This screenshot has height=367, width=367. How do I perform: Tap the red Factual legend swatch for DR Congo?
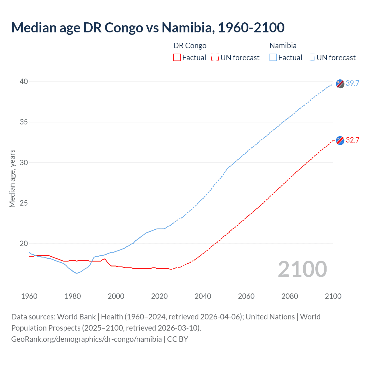(177, 58)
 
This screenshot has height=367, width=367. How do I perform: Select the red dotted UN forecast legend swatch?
(215, 58)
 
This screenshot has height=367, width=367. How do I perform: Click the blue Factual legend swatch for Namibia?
(273, 58)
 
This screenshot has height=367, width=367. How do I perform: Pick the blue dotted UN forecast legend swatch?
(311, 58)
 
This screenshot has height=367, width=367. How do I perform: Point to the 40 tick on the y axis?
(24, 82)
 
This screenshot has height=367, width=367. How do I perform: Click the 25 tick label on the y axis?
(24, 203)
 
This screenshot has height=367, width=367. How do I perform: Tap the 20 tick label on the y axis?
(24, 244)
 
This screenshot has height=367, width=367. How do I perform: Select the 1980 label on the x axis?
(73, 296)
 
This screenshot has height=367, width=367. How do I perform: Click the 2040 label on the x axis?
(203, 296)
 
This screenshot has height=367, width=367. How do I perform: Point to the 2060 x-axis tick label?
(246, 296)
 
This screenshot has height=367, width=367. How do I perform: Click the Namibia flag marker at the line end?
(340, 84)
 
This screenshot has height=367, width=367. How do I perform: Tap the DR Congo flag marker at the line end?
(340, 140)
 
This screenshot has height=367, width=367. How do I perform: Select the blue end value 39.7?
(352, 83)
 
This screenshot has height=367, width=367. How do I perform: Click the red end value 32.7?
(352, 140)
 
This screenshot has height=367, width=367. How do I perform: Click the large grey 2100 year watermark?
(302, 269)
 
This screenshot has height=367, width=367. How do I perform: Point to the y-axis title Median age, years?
(12, 178)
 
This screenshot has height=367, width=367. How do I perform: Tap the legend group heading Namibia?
(283, 46)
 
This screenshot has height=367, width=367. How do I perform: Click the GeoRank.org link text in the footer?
(86, 339)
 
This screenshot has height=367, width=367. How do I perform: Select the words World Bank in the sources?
(76, 317)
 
